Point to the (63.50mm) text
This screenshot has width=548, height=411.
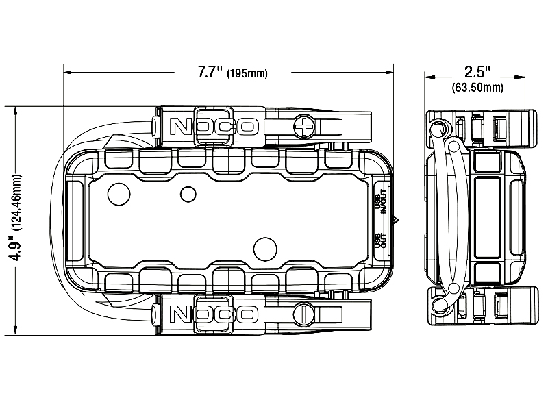pyautogui.click(x=477, y=88)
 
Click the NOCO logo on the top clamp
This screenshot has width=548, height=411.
pyautogui.click(x=213, y=126)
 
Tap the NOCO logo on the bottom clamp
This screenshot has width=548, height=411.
pyautogui.click(x=213, y=313)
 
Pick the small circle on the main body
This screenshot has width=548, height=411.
pyautogui.click(x=188, y=194)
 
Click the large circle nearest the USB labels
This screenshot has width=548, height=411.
pyautogui.click(x=264, y=247)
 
